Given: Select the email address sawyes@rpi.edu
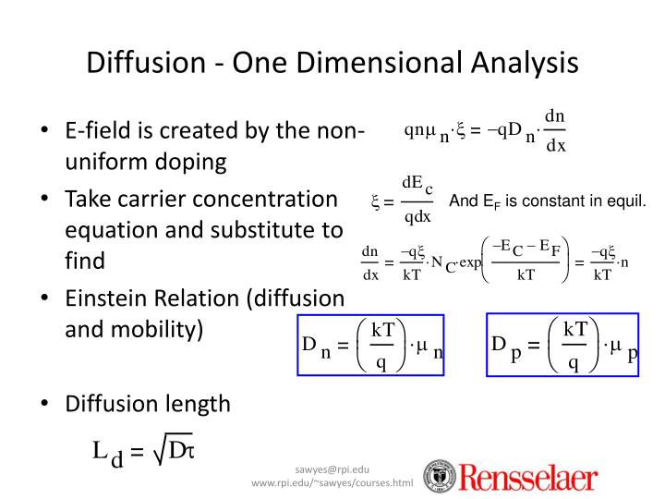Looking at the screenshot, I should pyautogui.click(x=332, y=469).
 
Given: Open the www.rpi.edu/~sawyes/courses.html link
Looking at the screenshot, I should pyautogui.click(x=332, y=483).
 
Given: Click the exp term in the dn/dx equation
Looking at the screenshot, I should pyautogui.click(x=470, y=263).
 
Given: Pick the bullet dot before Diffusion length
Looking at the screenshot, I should pyautogui.click(x=45, y=404).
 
